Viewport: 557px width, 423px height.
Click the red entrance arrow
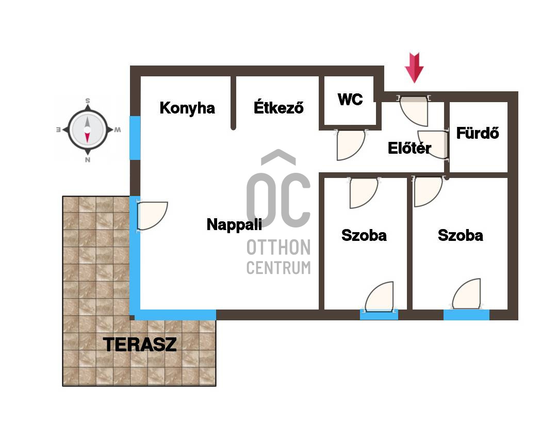coord(414,68)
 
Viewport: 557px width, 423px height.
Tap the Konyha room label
coord(187,108)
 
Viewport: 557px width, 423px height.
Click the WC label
coord(350,100)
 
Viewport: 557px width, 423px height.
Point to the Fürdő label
coord(478,133)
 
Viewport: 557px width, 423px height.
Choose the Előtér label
coord(409,148)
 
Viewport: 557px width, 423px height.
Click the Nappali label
coord(235,224)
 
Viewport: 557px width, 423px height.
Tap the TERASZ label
coord(140,344)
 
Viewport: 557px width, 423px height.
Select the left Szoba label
coord(364,235)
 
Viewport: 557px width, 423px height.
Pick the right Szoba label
coord(461,235)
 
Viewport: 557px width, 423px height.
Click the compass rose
coord(88,130)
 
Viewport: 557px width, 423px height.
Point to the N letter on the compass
coord(88,160)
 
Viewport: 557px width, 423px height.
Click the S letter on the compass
coord(88,101)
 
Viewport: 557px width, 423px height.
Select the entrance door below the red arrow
coord(414,110)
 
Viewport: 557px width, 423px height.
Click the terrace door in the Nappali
coord(152,216)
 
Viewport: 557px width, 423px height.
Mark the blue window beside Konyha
coord(135,138)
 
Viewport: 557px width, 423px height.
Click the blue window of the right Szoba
coord(466,315)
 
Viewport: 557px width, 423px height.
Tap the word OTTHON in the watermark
coord(278,247)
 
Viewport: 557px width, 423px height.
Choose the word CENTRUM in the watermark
coord(278,267)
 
